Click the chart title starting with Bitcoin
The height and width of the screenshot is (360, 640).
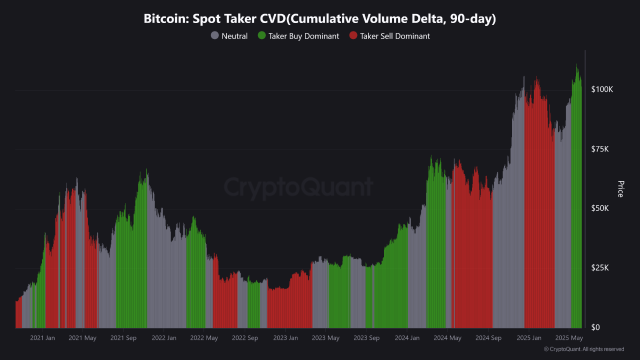pos(320,19)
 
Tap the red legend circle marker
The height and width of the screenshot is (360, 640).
pos(353,36)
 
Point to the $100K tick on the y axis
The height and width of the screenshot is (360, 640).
pos(602,89)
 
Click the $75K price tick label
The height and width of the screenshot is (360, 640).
pos(600,149)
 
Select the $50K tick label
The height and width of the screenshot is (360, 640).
pos(600,208)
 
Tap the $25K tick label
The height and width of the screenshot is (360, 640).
pos(600,268)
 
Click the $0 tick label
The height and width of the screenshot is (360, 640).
pos(596,327)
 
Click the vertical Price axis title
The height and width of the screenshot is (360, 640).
pos(620,189)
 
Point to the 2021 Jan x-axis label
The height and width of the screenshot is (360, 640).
pos(42,338)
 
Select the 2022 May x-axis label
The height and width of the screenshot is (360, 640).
pos(204,338)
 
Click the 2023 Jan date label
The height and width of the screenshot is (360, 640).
pos(285,338)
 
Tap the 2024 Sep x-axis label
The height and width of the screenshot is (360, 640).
pos(488,338)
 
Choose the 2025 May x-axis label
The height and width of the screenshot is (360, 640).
pos(569,338)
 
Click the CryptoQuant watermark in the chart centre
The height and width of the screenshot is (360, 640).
pos(298,187)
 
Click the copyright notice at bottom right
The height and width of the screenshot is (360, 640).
pos(584,349)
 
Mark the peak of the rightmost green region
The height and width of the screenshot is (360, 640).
pos(576,64)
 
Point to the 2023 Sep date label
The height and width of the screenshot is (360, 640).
pos(366,338)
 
